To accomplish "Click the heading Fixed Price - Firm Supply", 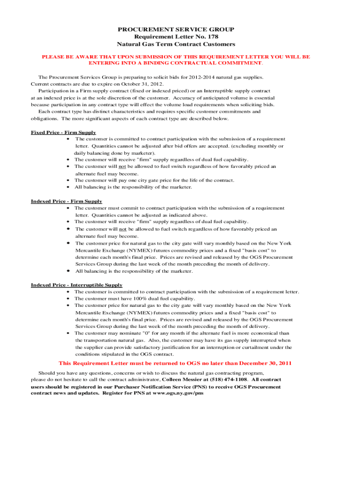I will [x=64, y=132].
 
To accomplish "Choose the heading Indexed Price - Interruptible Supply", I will [x=77, y=285].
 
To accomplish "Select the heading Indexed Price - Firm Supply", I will [x=66, y=201].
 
